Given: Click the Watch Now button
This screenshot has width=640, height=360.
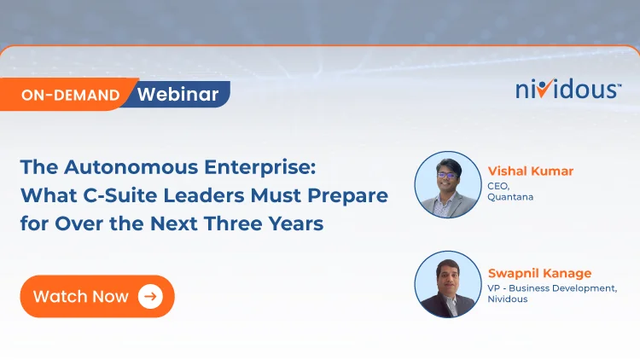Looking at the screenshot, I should tap(96, 297).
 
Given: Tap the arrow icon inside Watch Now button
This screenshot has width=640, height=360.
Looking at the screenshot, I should tap(150, 297).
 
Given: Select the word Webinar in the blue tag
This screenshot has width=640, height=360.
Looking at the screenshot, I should tap(177, 94).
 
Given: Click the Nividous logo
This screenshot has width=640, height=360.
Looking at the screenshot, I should tap(568, 89).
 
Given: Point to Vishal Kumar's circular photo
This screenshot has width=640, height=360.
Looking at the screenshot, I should tap(448, 185).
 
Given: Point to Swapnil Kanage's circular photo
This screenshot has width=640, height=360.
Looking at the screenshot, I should tap(448, 285).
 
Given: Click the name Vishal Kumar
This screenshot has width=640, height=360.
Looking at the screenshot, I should tap(530, 171).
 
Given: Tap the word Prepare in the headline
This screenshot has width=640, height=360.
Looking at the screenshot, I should tap(349, 195).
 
